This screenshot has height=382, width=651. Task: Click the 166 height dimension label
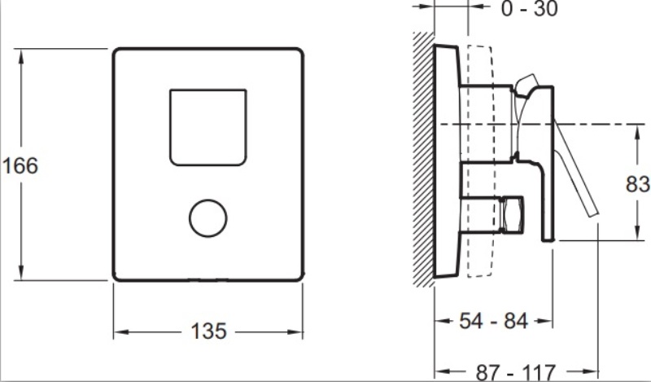(20, 165)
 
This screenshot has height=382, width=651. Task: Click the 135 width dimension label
(209, 332)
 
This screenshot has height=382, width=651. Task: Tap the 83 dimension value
(638, 184)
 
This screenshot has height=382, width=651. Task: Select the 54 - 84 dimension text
(494, 321)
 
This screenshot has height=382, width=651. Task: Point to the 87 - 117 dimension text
(516, 372)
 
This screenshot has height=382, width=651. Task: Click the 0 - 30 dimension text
(530, 9)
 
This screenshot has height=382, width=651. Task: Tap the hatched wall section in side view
(423, 159)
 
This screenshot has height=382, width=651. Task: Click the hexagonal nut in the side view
(513, 214)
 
